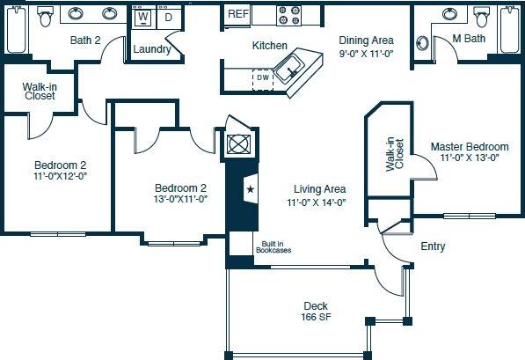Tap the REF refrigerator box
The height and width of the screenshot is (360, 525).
coord(237,14)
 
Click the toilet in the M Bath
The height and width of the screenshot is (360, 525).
coord(480,15)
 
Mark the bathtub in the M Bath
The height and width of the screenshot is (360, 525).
coord(511,29)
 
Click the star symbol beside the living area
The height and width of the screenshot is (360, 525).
coord(250,189)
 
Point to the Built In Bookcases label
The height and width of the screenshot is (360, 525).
coord(273,247)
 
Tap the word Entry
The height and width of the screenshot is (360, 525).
coord(433,246)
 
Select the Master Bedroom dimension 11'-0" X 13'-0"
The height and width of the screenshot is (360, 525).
coord(470,158)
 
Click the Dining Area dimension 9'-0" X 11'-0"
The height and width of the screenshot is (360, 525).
coord(366,53)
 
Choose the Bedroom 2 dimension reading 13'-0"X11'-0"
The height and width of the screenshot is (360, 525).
coord(180,199)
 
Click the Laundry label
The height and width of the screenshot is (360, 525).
coord(152,49)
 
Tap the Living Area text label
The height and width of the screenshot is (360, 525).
coord(316,188)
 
